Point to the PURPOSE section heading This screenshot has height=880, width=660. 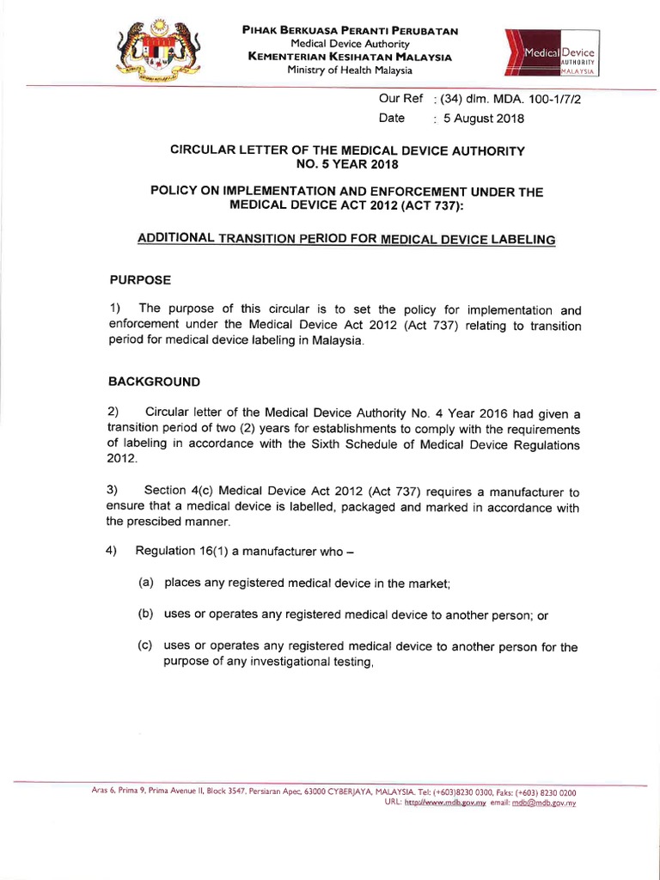tap(141, 280)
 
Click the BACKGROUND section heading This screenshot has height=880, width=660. tap(154, 381)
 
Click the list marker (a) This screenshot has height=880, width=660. tap(146, 582)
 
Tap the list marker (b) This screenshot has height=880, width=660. tap(146, 614)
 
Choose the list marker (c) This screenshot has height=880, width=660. tap(146, 646)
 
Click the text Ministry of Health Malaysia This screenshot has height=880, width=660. tap(350, 70)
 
